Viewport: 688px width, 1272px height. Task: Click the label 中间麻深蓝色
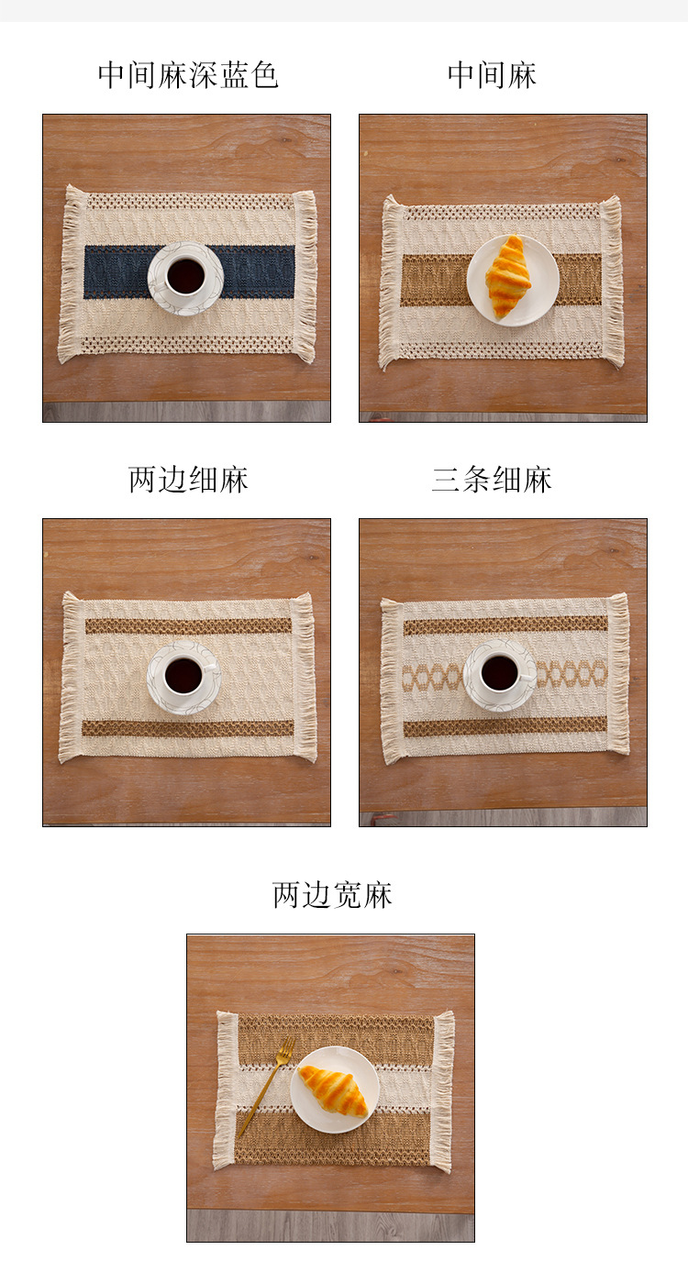(188, 75)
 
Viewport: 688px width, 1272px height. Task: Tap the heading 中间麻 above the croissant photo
(492, 75)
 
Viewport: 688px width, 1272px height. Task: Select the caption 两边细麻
(188, 480)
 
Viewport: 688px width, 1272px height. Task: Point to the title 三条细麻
(492, 480)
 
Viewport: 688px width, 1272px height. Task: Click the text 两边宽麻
(332, 895)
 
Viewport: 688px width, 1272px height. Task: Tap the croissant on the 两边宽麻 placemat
(333, 1090)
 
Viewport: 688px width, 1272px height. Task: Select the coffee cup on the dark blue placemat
(185, 276)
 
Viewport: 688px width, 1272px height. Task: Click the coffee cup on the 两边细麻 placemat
(183, 676)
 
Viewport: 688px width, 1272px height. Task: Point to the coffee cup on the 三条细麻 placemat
(500, 673)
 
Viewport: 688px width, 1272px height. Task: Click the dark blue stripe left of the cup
(116, 271)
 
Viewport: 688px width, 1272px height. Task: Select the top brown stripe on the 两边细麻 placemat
(188, 625)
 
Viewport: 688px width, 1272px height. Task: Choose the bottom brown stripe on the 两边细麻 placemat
(188, 728)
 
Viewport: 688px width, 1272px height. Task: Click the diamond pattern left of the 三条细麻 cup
(433, 677)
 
